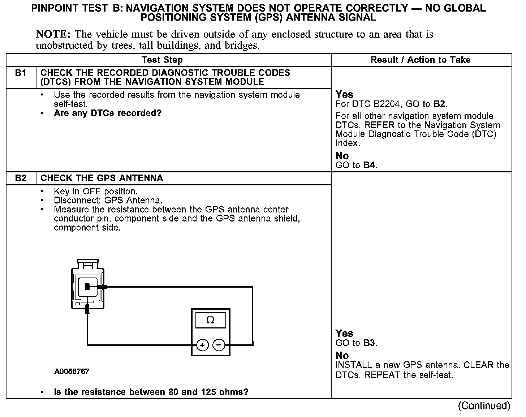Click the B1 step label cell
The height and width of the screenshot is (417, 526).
[21, 73]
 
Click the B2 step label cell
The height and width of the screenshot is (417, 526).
[21, 178]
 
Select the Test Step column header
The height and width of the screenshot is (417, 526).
[162, 60]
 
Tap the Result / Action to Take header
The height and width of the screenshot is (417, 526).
[421, 60]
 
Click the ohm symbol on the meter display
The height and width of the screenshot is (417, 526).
[210, 320]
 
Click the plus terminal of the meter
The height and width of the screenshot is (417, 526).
[202, 345]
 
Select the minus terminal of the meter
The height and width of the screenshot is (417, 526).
[219, 345]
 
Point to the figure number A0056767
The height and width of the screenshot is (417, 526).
[72, 371]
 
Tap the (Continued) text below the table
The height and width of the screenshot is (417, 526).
[484, 406]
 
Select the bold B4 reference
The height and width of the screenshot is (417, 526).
[370, 165]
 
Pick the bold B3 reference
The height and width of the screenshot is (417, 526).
[370, 343]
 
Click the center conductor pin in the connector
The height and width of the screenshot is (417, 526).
[87, 287]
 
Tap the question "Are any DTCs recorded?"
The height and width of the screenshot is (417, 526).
[107, 113]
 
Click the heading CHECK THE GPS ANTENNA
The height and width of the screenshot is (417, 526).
[102, 178]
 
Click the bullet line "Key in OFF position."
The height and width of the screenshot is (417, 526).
[95, 191]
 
